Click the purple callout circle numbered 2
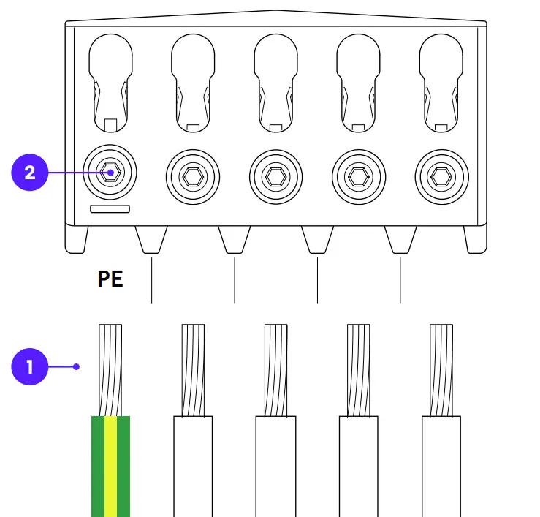[30, 173]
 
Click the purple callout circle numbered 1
[30, 366]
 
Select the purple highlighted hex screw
[111, 173]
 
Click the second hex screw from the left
[193, 176]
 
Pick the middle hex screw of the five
[275, 176]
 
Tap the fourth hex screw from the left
[358, 176]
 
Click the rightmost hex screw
[441, 176]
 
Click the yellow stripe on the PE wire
[110, 465]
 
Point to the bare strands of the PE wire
[110, 369]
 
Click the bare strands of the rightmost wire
[441, 369]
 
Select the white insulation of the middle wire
[275, 465]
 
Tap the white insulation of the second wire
[193, 465]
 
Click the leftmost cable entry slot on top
[110, 80]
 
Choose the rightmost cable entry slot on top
[441, 80]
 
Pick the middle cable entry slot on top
[275, 80]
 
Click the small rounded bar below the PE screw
[110, 209]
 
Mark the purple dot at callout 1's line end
[77, 366]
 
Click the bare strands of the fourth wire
[358, 369]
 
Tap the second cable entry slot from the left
[193, 80]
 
